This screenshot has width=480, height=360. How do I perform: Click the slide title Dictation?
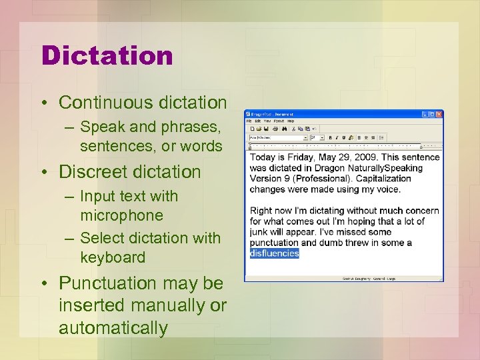[107, 55]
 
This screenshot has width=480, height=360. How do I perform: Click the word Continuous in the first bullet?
[95, 103]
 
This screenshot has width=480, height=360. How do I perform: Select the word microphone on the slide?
[121, 215]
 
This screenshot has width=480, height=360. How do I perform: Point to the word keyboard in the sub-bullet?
[113, 257]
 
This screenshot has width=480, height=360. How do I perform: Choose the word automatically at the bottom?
[113, 328]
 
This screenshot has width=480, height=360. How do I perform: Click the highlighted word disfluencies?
[275, 253]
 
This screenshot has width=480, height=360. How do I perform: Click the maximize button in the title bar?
[433, 115]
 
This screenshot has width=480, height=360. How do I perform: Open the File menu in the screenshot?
[249, 121]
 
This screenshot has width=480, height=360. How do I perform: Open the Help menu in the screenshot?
[291, 121]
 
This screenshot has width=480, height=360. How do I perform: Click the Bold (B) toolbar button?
[331, 137]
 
